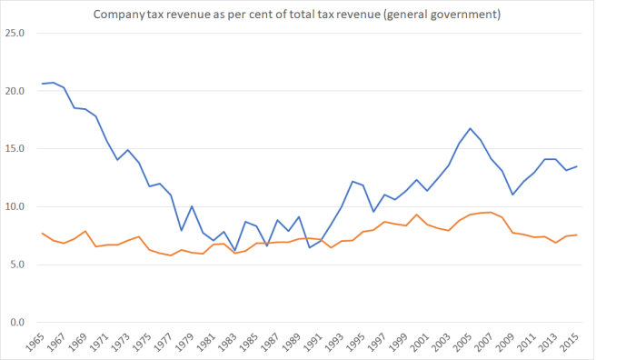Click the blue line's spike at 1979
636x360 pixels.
(x=192, y=206)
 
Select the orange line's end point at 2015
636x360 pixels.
(x=576, y=235)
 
